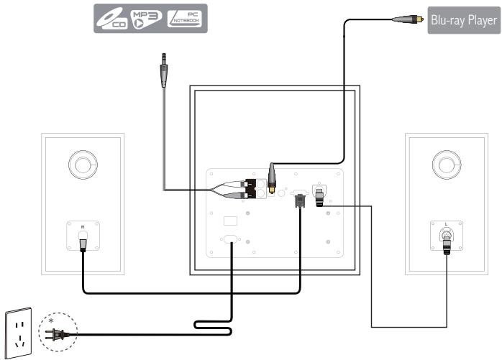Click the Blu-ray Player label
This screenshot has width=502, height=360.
462,21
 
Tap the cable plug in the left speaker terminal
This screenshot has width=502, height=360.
83,242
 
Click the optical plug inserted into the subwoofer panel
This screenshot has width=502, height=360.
273,177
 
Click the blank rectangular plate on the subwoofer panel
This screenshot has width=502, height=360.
231,220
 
